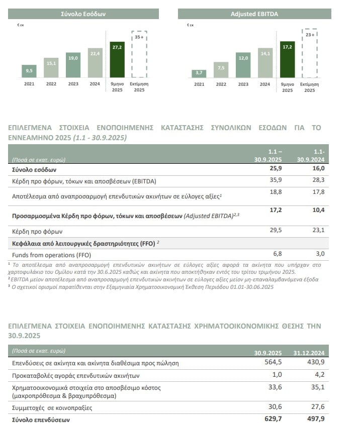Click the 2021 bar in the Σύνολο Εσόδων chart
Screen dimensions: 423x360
coord(29,71)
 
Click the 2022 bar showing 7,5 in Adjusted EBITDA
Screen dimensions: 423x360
coord(221,69)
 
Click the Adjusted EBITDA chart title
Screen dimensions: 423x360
coord(254,14)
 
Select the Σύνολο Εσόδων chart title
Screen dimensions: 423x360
coord(83,14)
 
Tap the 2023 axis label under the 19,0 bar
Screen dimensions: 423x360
coord(73,84)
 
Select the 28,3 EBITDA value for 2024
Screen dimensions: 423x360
coord(319,180)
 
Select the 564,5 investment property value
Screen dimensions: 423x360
coord(275,363)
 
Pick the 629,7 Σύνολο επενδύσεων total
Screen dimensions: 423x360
coord(275,418)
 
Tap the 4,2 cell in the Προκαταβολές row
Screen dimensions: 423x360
coord(319,375)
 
